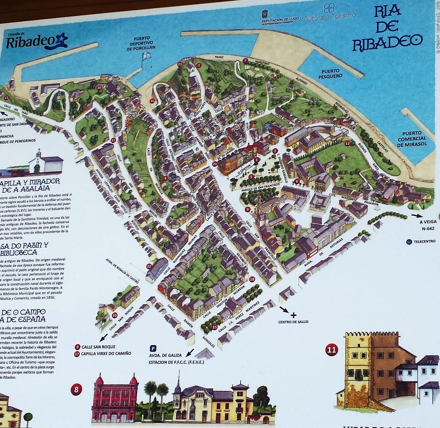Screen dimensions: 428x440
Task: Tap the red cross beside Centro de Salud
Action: [293, 315]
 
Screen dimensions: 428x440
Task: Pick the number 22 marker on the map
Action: [149, 266]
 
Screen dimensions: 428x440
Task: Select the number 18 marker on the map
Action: [252, 279]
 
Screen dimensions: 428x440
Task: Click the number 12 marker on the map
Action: [347, 143]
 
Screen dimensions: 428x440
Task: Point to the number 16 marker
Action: [152, 101]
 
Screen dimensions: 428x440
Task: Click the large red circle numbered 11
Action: [332, 350]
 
